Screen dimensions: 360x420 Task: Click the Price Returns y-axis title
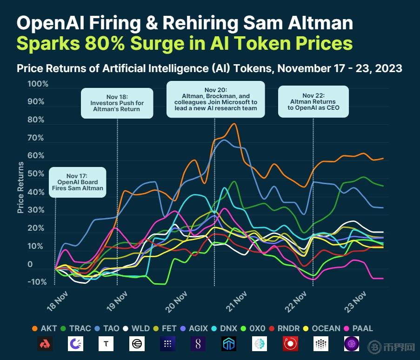tap(20, 187)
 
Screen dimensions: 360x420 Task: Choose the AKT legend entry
tap(45, 328)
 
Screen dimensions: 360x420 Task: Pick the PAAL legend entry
tap(358, 328)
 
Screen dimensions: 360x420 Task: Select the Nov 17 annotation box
tap(78, 182)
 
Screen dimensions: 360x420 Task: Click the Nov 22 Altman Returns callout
tap(313, 101)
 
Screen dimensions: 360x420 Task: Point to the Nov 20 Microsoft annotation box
tap(215, 99)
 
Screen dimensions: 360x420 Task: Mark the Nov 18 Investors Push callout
tap(117, 103)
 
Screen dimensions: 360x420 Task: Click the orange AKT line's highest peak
tap(234, 124)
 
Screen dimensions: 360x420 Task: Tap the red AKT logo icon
tap(45, 344)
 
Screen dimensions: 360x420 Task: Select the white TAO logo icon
tap(106, 344)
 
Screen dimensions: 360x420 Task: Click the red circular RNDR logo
tap(290, 344)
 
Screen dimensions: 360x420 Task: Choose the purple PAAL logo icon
tap(352, 344)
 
